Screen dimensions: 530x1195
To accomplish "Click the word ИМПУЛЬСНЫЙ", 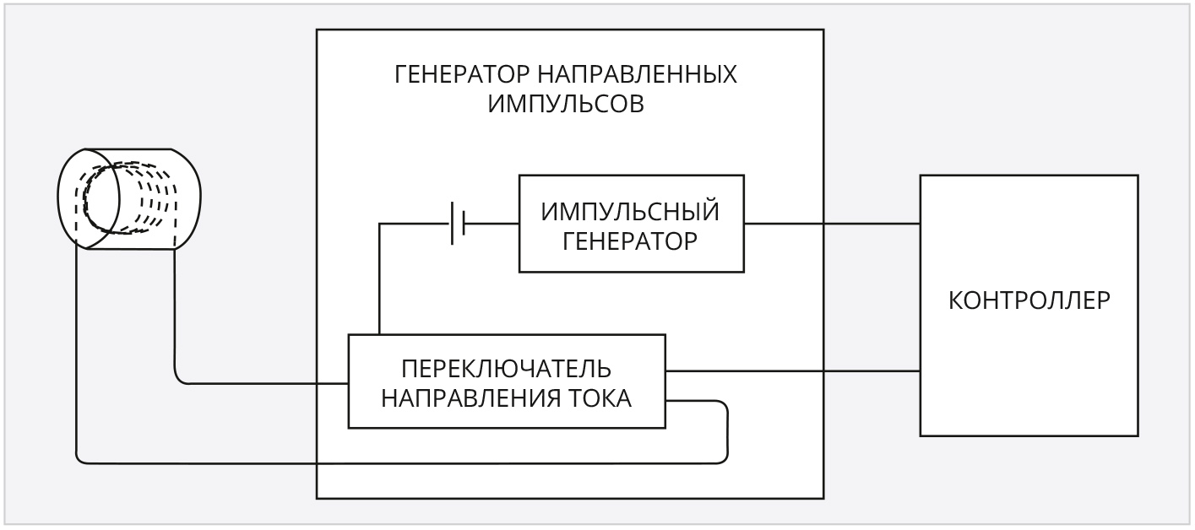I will tap(631, 211).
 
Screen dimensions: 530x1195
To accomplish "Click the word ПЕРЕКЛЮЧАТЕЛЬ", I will tap(506, 369).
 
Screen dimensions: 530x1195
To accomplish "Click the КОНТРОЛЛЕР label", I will tap(1029, 300).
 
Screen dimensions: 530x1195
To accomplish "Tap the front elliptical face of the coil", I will tap(90, 199).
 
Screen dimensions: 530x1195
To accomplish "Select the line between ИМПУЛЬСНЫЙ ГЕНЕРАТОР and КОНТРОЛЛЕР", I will tap(832, 224).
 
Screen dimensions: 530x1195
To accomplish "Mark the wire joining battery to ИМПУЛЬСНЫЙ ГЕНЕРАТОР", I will tap(492, 224).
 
